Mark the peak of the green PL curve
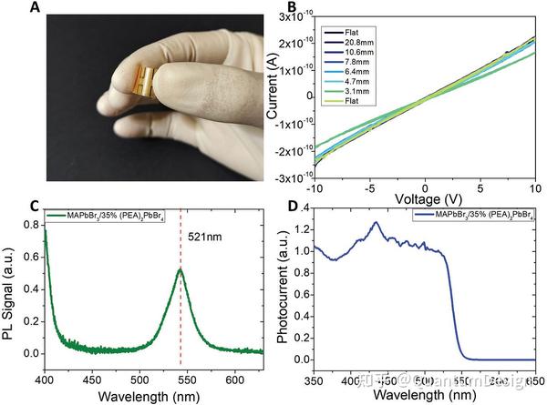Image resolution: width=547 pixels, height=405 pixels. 181,269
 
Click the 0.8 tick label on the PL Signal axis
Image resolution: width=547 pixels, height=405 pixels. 31,223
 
